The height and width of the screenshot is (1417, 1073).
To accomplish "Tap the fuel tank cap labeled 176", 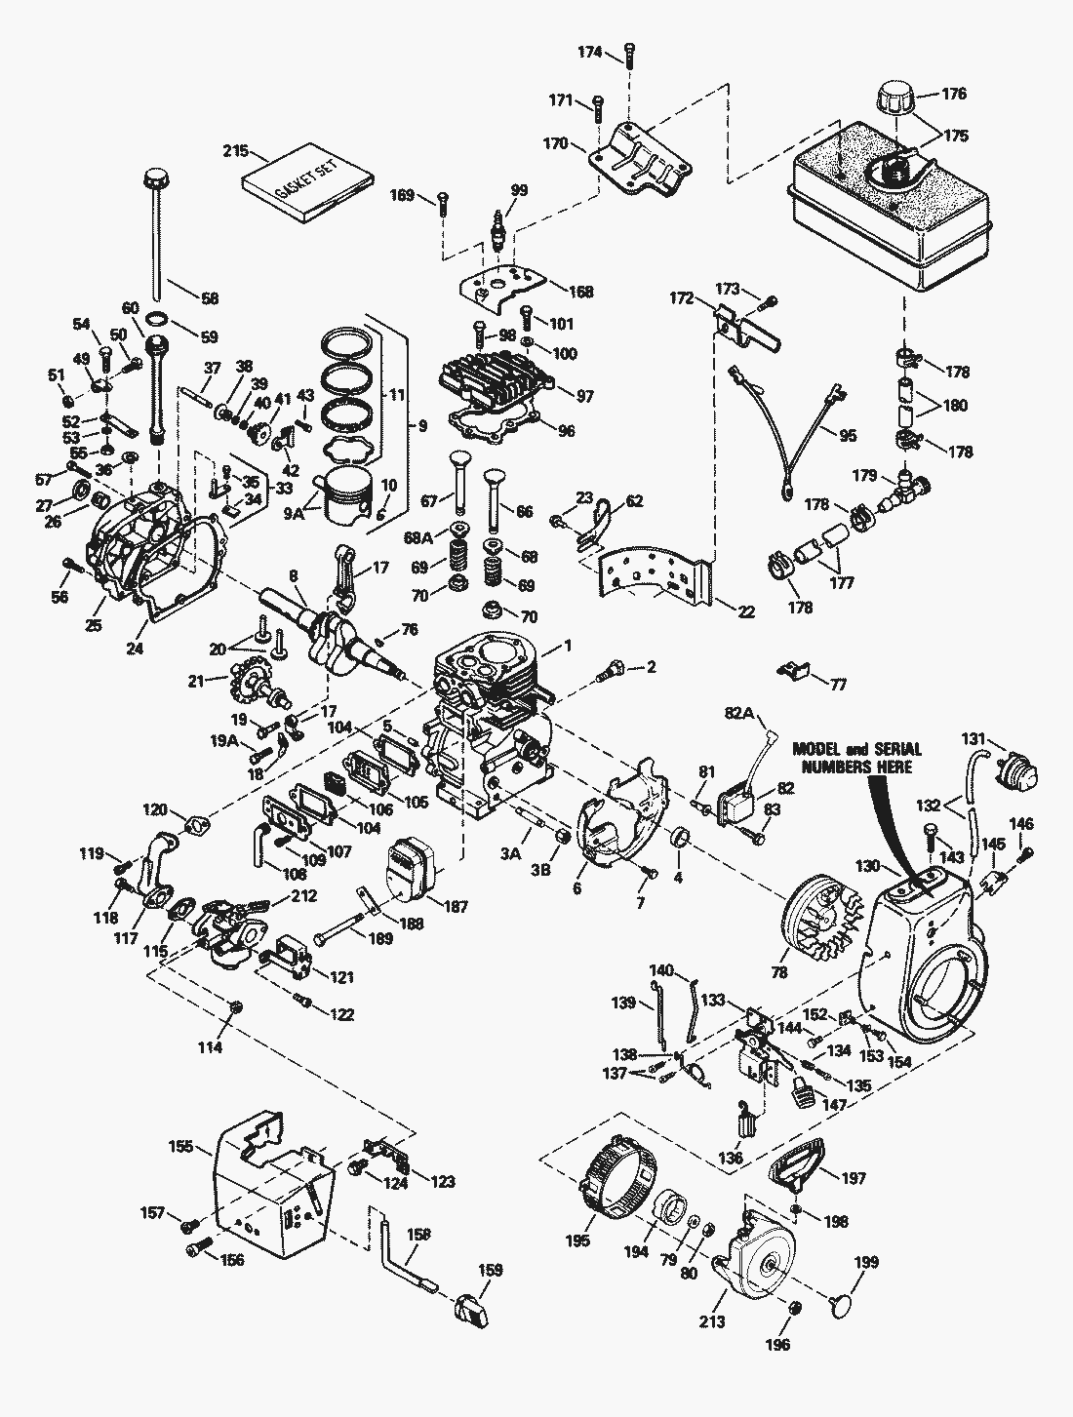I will click(x=894, y=98).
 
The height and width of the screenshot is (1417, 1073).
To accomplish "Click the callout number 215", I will click(x=234, y=151).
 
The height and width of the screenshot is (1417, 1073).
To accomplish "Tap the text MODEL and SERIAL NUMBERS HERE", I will click(x=856, y=758).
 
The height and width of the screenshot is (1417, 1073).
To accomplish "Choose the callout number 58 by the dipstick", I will click(x=208, y=298).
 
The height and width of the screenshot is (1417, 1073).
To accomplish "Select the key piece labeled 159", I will click(x=474, y=1305).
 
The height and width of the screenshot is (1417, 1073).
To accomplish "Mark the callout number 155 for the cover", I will click(x=180, y=1147).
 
